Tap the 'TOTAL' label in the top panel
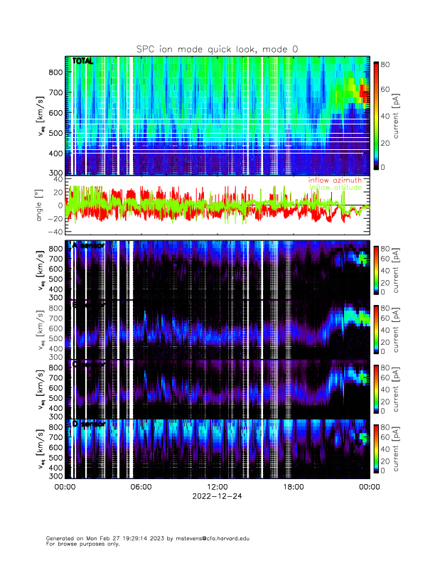(82, 61)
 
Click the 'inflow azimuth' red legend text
(335, 181)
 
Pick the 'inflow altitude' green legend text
(335, 188)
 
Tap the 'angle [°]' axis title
(41, 205)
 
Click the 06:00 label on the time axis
(141, 487)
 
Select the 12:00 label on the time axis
(217, 487)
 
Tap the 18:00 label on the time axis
(293, 487)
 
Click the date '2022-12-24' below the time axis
(217, 496)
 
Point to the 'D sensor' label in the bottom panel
(88, 424)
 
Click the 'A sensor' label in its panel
(88, 245)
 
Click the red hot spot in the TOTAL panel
(362, 91)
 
